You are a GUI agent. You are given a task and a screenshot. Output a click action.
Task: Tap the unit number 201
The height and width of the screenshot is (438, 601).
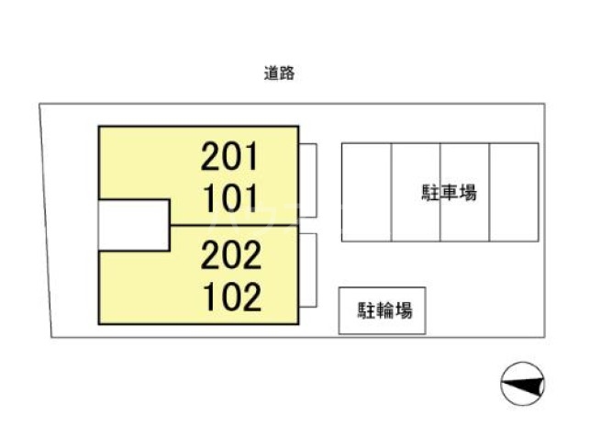pyautogui.click(x=230, y=158)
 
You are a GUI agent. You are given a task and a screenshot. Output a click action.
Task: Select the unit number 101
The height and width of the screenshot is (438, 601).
pyautogui.click(x=230, y=197)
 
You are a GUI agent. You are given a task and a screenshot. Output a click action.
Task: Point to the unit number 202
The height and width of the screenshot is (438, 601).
pyautogui.click(x=230, y=255)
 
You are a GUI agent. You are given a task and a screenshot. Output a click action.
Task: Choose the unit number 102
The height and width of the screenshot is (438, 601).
pyautogui.click(x=230, y=296)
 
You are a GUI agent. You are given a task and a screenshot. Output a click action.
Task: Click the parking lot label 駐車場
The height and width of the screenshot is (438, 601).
pyautogui.click(x=449, y=193)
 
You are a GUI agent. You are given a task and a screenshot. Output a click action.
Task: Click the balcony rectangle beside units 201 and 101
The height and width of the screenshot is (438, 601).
pyautogui.click(x=307, y=180)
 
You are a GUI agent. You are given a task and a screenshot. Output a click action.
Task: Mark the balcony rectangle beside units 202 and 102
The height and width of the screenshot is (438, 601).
pyautogui.click(x=307, y=270)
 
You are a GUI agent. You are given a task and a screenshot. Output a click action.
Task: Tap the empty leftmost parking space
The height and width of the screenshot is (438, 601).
pyautogui.click(x=366, y=192)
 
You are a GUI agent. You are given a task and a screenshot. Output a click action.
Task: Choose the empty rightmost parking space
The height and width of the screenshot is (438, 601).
pyautogui.click(x=514, y=192)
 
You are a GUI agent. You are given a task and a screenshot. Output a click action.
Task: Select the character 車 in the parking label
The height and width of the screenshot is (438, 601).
pyautogui.click(x=449, y=193)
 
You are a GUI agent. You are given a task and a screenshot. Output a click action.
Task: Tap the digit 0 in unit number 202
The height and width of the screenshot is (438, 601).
pyautogui.click(x=231, y=255)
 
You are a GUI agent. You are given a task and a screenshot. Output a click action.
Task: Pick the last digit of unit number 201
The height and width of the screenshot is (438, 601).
pyautogui.click(x=252, y=158)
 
